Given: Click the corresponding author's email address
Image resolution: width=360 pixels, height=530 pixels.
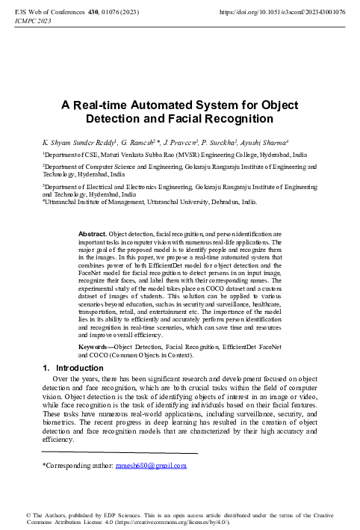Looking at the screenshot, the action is pyautogui.click(x=150, y=464).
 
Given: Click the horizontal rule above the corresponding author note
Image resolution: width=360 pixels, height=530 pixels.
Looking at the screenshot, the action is pyautogui.click(x=120, y=453).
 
